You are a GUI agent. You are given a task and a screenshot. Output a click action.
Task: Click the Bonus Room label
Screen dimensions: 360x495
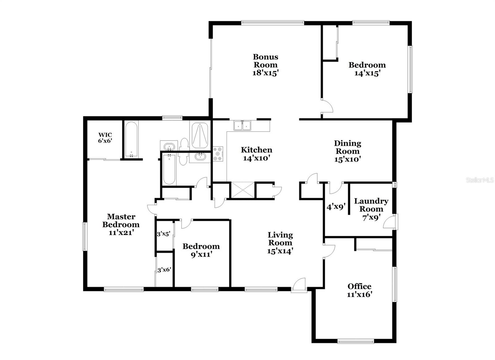tap(265, 61)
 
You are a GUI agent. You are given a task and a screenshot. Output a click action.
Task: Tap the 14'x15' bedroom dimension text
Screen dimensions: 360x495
tap(367, 73)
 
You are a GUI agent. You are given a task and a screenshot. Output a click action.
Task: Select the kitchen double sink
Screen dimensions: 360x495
tap(242, 125)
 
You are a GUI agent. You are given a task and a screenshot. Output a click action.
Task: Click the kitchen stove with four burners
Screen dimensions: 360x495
tap(218, 154)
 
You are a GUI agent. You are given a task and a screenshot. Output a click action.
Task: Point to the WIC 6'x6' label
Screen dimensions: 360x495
tap(105, 138)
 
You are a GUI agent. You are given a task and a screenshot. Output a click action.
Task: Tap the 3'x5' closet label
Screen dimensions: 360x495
tap(164, 234)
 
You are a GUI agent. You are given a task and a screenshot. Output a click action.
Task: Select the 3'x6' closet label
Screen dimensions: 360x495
tap(164, 270)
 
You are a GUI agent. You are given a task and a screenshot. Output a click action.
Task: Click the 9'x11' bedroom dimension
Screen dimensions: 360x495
tap(201, 255)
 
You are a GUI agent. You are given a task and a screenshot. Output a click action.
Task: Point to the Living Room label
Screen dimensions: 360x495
tap(280, 239)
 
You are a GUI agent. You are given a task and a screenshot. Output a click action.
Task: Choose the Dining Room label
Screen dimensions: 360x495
tap(347, 147)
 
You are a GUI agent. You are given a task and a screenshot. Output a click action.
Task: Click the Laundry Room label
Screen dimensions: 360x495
tap(371, 205)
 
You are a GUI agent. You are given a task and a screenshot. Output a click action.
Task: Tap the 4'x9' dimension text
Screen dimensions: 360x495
tap(336, 207)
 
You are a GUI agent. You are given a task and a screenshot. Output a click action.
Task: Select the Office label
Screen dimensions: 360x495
tap(359, 286)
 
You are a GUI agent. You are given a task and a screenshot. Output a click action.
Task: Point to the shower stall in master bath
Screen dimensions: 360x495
tap(200, 136)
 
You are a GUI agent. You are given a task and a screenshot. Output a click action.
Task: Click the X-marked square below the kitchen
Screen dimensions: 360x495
tap(243, 190)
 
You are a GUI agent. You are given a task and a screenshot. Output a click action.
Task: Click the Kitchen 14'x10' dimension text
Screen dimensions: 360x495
tap(256, 158)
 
